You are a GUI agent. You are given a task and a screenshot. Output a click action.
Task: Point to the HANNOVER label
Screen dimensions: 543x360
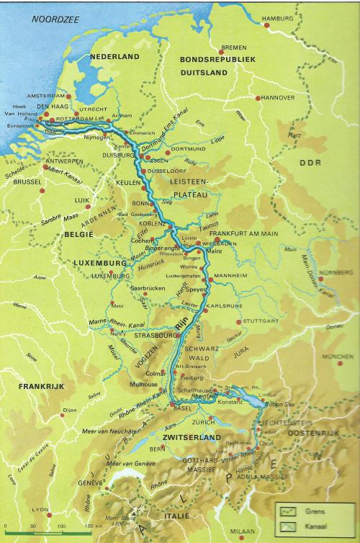click(277, 97)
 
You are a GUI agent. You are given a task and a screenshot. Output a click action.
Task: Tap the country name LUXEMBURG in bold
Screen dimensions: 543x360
click(101, 263)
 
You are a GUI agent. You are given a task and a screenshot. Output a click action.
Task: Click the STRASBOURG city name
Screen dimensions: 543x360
click(150, 335)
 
